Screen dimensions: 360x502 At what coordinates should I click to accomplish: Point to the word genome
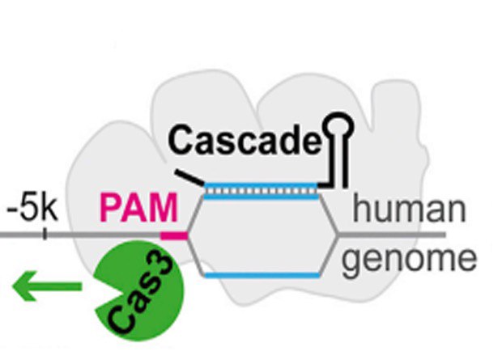(410, 260)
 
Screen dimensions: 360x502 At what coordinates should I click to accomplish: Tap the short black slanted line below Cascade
(188, 176)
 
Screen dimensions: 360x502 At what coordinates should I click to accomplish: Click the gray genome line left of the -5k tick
(20, 235)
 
